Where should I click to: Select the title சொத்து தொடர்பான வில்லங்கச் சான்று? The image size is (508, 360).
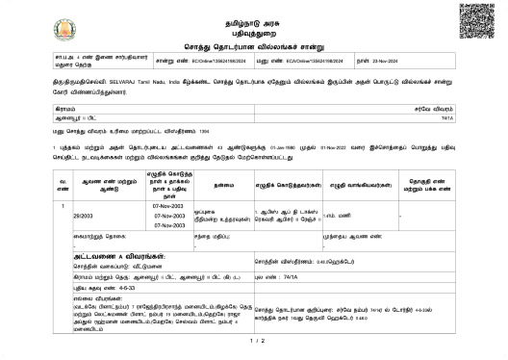point(254,45)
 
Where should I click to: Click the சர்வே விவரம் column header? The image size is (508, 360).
point(433,112)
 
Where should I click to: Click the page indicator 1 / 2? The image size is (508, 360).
point(254,343)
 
